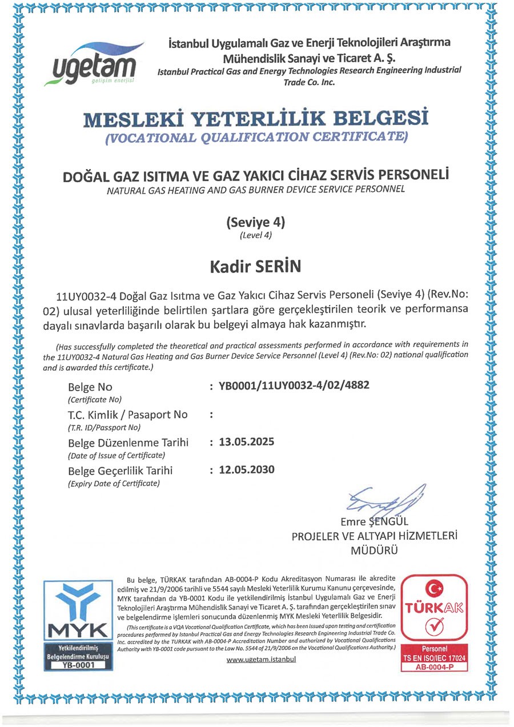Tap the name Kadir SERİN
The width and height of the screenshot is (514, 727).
[255, 266]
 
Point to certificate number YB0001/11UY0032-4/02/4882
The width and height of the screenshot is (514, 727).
[294, 385]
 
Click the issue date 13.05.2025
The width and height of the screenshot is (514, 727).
[247, 441]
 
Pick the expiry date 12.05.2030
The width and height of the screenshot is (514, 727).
[247, 469]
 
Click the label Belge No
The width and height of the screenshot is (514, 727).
[90, 387]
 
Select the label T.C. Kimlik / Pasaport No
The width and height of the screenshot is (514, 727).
[127, 415]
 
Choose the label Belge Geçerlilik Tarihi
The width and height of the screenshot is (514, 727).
[120, 471]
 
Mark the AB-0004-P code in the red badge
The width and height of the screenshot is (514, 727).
[435, 666]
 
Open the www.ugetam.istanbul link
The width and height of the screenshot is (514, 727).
[260, 660]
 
